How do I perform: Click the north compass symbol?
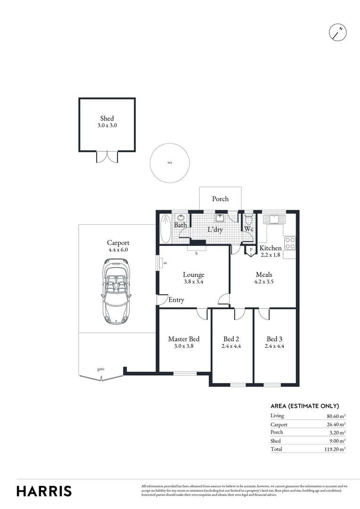[x=337, y=32]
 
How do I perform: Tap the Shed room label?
[x=107, y=119]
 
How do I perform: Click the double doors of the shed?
[x=106, y=157]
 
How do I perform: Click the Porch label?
[x=220, y=199]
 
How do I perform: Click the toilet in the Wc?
[x=249, y=220]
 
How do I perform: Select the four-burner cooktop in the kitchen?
[x=290, y=243]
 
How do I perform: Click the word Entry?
[x=176, y=300]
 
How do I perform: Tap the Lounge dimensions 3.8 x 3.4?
[x=194, y=282]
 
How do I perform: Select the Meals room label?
[x=264, y=275]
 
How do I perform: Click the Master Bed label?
[x=184, y=339]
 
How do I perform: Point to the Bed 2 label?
[x=232, y=339]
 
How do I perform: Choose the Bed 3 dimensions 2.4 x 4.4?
[x=275, y=346]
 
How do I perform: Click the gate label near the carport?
[x=101, y=369]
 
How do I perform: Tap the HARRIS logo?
[x=44, y=491]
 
